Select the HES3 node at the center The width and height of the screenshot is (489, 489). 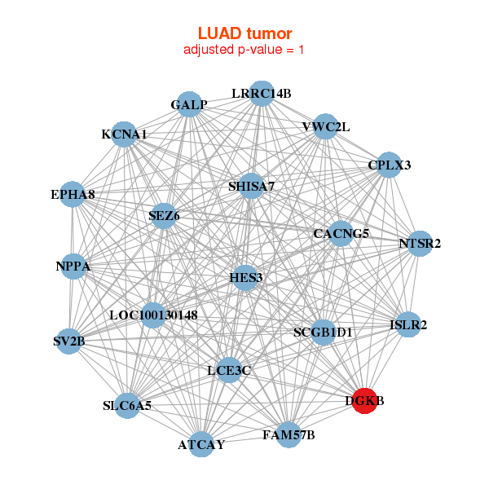tap(245, 278)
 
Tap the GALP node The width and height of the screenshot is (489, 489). tap(189, 104)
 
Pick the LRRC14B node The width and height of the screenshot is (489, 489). tap(261, 93)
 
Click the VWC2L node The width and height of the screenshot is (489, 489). tap(325, 126)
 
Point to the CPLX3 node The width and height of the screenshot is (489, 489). tap(389, 165)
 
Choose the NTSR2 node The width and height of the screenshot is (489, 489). tap(420, 243)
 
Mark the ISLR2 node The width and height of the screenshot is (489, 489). tap(407, 324)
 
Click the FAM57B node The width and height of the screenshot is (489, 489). tap(289, 434)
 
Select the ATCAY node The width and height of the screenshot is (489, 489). tap(201, 444)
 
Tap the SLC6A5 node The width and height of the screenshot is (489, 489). tap(127, 405)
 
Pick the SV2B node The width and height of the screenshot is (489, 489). tap(69, 341)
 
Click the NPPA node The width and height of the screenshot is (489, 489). tap(73, 267)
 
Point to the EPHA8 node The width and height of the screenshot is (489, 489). tap(73, 195)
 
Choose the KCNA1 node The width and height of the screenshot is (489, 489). tap(124, 134)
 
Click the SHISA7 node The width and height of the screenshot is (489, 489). tap(251, 186)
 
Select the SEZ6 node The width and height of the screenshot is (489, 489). tap(164, 216)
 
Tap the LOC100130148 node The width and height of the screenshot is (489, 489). tap(153, 315)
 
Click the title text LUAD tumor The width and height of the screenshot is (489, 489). tap(244, 33)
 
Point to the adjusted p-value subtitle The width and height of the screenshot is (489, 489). tap(244, 50)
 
